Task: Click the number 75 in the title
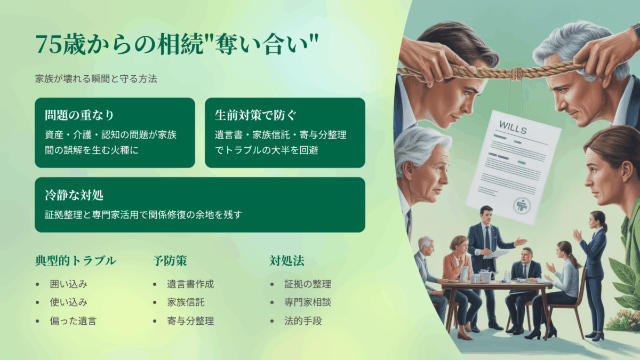click(x=49, y=45)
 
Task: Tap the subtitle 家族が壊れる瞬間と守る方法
click(x=96, y=79)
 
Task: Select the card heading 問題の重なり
click(x=79, y=115)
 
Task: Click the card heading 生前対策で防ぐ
click(x=255, y=115)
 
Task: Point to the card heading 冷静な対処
click(x=74, y=195)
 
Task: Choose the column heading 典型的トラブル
click(x=76, y=261)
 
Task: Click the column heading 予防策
click(x=170, y=261)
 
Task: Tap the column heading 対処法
click(x=287, y=261)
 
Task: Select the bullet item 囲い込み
click(x=69, y=284)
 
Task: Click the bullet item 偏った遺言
click(x=73, y=321)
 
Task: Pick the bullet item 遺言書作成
click(x=190, y=284)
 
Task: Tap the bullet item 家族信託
click(x=186, y=302)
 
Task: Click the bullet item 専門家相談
click(x=308, y=302)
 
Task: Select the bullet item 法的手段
click(x=303, y=321)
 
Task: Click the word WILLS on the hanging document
click(x=513, y=127)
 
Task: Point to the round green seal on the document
click(x=522, y=205)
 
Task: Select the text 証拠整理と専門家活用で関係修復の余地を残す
click(x=143, y=214)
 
